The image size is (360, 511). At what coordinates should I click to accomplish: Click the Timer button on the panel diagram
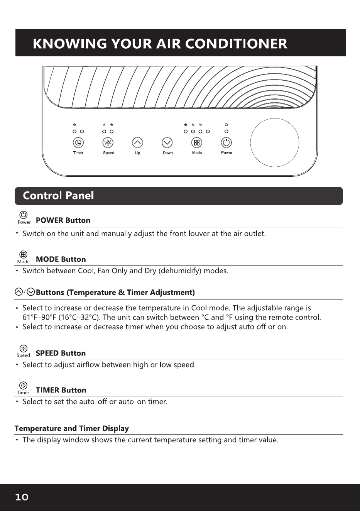(78, 143)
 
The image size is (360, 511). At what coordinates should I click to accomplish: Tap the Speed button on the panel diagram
(108, 143)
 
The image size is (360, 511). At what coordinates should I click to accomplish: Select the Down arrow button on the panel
(167, 143)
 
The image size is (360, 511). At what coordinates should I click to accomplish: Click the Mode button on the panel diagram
(197, 143)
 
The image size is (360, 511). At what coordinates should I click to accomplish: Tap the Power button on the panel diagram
(226, 143)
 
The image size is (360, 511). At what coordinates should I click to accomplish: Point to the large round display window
(275, 142)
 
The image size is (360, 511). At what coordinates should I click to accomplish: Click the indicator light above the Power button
(226, 131)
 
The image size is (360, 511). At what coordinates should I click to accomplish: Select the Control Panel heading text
(58, 196)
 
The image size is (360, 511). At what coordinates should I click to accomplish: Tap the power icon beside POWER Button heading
(24, 215)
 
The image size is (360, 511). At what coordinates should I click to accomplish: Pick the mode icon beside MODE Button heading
(24, 254)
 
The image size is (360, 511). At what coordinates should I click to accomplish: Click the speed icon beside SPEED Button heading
(24, 349)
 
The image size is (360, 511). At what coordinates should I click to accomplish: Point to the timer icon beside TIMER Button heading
(24, 386)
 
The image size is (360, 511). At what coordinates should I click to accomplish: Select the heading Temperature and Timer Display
(72, 428)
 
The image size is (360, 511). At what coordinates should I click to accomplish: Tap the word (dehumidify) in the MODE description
(180, 271)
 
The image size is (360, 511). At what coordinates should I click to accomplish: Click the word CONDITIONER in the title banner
(237, 44)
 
